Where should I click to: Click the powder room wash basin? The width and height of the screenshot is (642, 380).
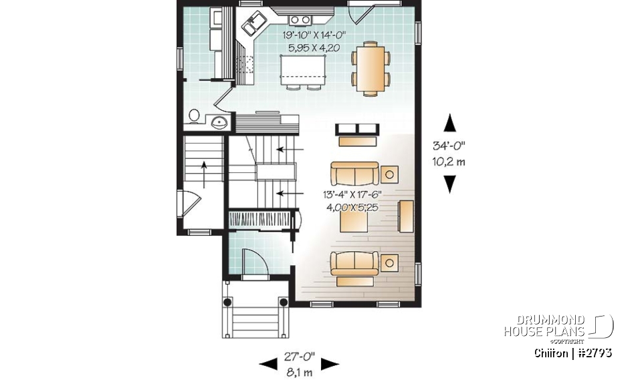tap(219, 122)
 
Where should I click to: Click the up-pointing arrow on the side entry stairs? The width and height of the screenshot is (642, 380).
tap(203, 172)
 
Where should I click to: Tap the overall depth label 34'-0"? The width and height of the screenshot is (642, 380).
tap(449, 145)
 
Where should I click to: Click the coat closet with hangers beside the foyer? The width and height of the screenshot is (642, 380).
tap(262, 220)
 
